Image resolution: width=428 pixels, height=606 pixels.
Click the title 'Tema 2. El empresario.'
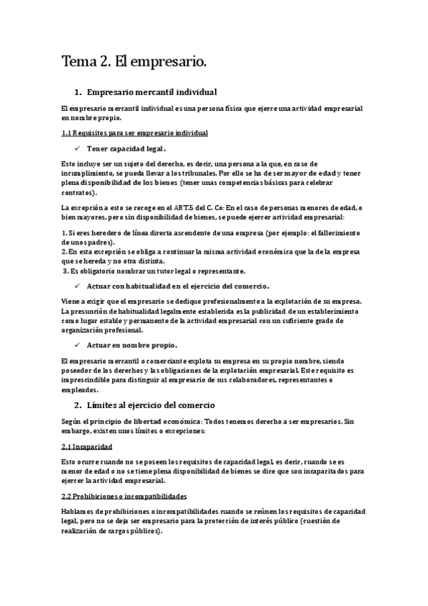tap(134, 62)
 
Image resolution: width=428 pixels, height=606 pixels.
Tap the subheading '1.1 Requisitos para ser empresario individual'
tap(134, 133)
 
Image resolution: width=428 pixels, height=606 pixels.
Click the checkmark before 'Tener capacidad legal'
tap(77, 149)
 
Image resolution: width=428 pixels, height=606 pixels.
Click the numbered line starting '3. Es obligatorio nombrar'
tap(154, 271)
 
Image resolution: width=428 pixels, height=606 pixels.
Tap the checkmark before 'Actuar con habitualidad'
tap(77, 286)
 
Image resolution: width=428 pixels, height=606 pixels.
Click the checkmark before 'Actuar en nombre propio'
tap(77, 345)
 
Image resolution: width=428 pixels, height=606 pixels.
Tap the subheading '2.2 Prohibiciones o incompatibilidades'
tap(124, 495)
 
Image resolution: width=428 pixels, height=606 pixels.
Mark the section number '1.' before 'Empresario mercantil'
tap(78, 93)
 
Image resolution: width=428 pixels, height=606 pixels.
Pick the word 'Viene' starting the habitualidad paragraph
tap(72, 302)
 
